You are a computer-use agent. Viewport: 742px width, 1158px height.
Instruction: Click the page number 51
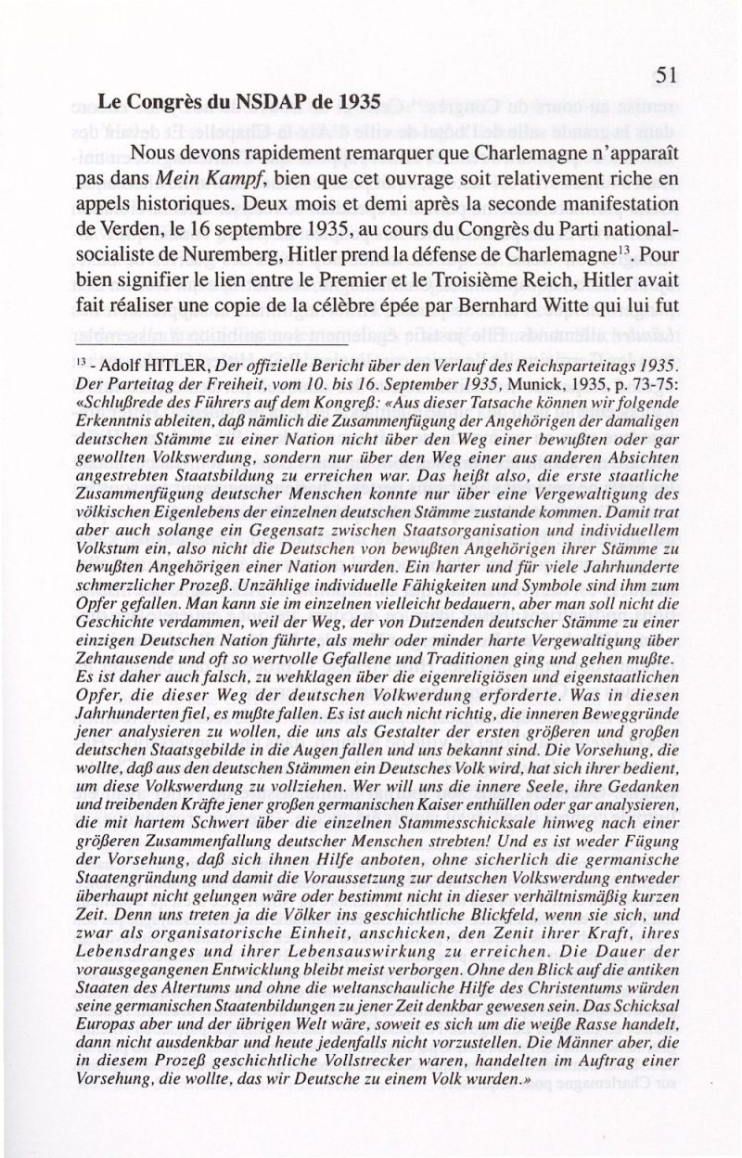[672, 75]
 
